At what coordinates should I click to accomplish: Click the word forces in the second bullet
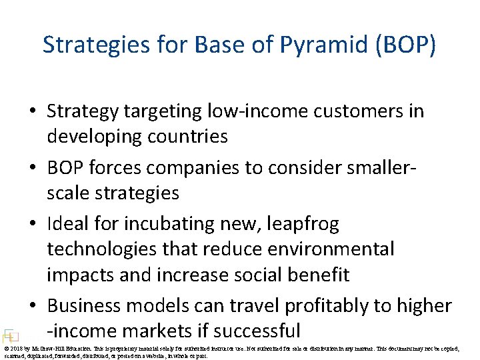[121, 167]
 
